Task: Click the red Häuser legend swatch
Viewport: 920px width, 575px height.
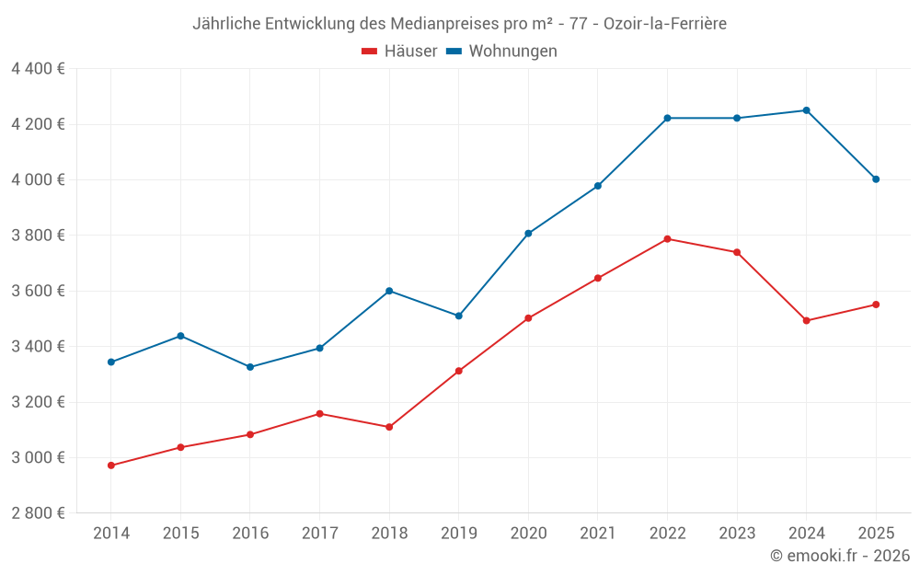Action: point(370,52)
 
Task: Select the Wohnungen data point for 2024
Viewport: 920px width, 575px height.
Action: point(807,110)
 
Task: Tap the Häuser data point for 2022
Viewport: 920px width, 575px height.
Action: point(667,239)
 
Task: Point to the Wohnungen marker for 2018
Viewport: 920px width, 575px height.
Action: point(389,291)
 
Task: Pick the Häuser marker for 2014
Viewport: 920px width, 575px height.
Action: point(111,466)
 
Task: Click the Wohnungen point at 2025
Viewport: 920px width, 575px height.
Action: point(876,179)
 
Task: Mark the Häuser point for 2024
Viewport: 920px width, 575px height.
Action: point(807,320)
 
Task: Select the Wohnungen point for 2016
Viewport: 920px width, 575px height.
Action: point(250,367)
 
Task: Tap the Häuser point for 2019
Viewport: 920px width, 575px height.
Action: point(458,371)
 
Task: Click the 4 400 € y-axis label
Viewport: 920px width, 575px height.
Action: point(38,69)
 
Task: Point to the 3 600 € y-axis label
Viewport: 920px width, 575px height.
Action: point(38,291)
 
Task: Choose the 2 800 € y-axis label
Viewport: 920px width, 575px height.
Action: point(38,513)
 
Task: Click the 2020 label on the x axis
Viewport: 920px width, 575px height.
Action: point(528,534)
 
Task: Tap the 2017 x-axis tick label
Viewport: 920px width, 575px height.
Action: point(319,534)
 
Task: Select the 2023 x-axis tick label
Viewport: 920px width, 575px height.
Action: point(737,534)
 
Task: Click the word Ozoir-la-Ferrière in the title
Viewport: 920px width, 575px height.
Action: point(665,24)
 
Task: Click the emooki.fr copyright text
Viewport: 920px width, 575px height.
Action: point(840,556)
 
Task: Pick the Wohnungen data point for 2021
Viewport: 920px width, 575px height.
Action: point(598,186)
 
